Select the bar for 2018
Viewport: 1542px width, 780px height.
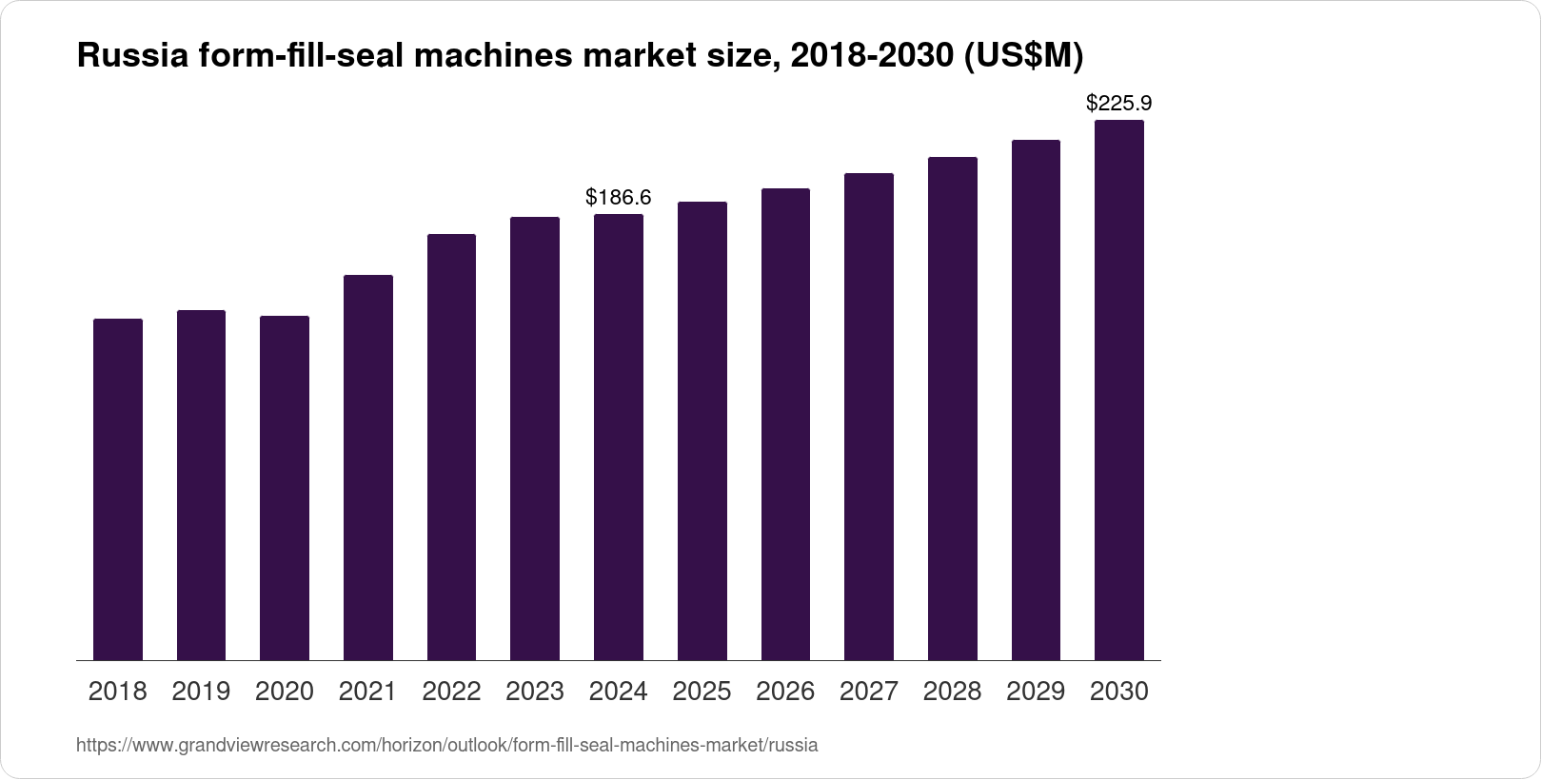click(x=118, y=490)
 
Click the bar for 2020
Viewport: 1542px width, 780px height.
click(x=285, y=488)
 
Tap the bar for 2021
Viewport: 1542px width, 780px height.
click(x=368, y=468)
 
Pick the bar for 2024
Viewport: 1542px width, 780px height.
click(x=619, y=438)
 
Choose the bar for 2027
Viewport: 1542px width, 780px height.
click(x=869, y=417)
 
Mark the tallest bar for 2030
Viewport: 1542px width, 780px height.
click(x=1119, y=390)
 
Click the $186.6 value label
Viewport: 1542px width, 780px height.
click(x=619, y=197)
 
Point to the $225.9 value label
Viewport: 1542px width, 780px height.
click(x=1119, y=103)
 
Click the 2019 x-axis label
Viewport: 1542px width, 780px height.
click(x=201, y=692)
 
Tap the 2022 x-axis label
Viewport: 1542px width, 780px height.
click(x=451, y=692)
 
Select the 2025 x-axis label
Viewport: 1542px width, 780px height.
click(x=702, y=692)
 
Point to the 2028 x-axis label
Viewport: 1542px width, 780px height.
click(x=952, y=692)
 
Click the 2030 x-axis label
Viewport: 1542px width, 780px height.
click(x=1119, y=692)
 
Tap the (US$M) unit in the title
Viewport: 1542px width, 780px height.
click(x=1024, y=57)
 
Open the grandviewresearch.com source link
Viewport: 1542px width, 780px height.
click(x=446, y=746)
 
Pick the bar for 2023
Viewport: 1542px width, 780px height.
click(x=535, y=439)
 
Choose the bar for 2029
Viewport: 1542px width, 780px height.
click(x=1036, y=400)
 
